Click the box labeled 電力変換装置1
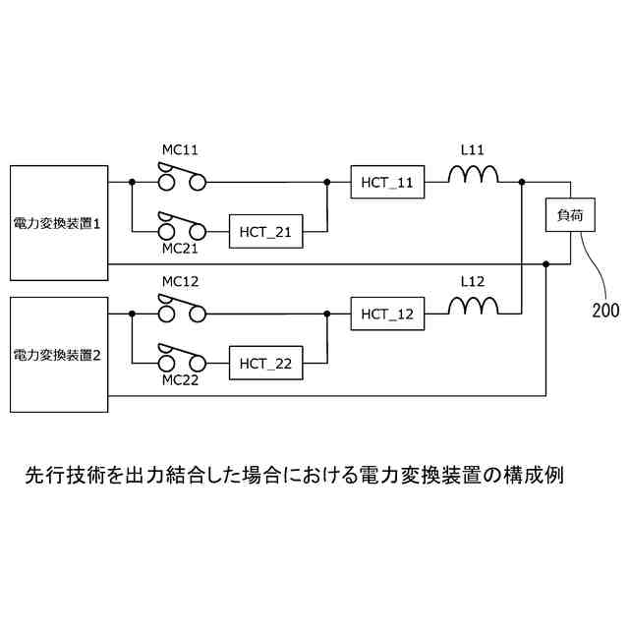pyautogui.click(x=58, y=224)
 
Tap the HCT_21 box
pyautogui.click(x=265, y=232)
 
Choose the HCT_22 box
pyautogui.click(x=265, y=364)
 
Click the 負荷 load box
pyautogui.click(x=570, y=215)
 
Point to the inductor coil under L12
pyautogui.click(x=473, y=308)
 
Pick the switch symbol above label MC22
pyautogui.click(x=183, y=360)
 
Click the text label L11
pyautogui.click(x=473, y=150)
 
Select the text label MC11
pyautogui.click(x=180, y=150)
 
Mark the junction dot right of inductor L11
pyautogui.click(x=521, y=182)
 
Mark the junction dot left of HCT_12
pyautogui.click(x=326, y=314)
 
